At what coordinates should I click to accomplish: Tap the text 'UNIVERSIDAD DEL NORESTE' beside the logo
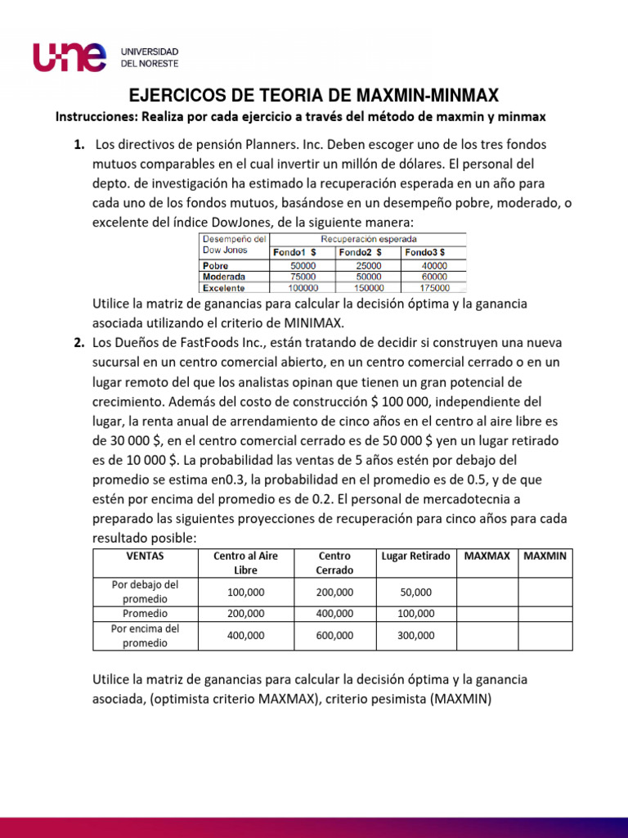pyautogui.click(x=150, y=56)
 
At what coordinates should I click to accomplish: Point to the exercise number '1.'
pyautogui.click(x=78, y=144)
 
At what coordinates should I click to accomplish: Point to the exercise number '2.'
pyautogui.click(x=78, y=341)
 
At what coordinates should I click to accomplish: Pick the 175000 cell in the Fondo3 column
pyautogui.click(x=433, y=288)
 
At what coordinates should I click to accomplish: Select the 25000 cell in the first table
pyautogui.click(x=368, y=266)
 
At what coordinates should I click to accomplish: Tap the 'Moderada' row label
pyautogui.click(x=224, y=277)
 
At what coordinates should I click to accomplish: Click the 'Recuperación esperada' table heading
pyautogui.click(x=368, y=238)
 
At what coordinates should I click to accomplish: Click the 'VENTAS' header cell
pyautogui.click(x=145, y=556)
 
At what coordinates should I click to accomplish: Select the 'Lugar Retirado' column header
pyautogui.click(x=415, y=556)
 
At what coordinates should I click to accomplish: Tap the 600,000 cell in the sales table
pyautogui.click(x=335, y=635)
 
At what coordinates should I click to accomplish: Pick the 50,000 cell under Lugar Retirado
pyautogui.click(x=415, y=592)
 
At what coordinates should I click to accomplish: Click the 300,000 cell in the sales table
pyautogui.click(x=415, y=635)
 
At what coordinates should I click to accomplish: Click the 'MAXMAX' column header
pyautogui.click(x=487, y=556)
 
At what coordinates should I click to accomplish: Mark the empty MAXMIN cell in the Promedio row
pyautogui.click(x=545, y=613)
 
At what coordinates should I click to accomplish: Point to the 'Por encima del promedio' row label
pyautogui.click(x=145, y=635)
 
